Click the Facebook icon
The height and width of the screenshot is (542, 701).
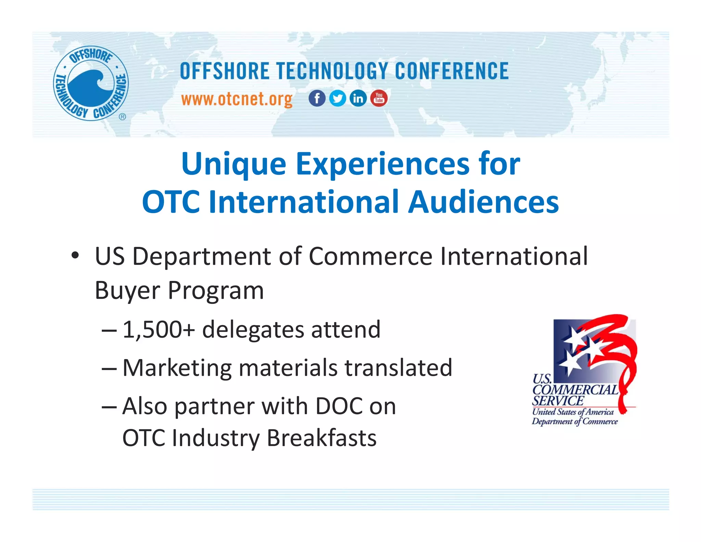tap(317, 98)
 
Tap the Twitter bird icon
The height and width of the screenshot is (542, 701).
tap(337, 98)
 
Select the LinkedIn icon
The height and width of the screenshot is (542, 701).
tap(358, 98)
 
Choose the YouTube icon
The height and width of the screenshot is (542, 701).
tap(379, 98)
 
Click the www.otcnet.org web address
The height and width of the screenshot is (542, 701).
tap(237, 99)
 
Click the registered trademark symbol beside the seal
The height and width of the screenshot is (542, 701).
tap(122, 117)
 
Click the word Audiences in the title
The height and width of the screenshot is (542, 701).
tap(483, 202)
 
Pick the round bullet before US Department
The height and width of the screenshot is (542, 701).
tap(75, 256)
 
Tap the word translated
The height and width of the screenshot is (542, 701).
tap(398, 368)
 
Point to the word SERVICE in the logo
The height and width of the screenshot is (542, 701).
tap(558, 401)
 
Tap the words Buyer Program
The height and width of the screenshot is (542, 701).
tap(179, 291)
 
